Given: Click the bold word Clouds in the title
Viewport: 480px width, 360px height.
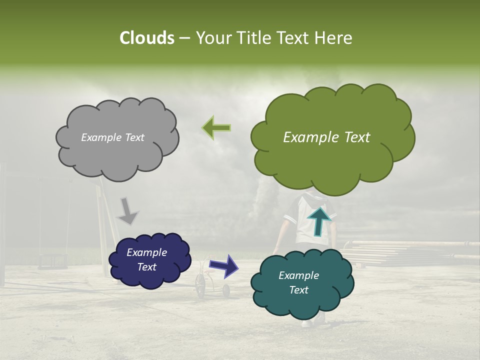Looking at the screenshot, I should (x=146, y=38).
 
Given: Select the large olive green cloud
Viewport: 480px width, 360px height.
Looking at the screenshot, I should (x=332, y=135).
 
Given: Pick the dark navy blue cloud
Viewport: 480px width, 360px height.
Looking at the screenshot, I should (x=149, y=259).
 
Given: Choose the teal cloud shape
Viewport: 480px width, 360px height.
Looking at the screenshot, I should (x=302, y=282).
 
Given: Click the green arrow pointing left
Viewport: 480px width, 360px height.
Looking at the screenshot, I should (x=216, y=128).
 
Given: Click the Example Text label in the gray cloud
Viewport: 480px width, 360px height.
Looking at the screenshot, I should (x=112, y=137).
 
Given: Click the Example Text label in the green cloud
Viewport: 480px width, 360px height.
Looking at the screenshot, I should (x=326, y=137).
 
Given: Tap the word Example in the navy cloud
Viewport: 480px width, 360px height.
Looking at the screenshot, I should (x=146, y=252).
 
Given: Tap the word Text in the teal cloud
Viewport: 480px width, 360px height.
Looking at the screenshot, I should (x=299, y=290).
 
